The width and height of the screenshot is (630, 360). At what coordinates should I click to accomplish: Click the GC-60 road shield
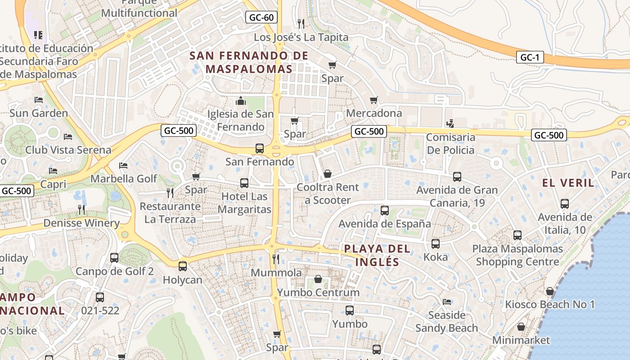pyautogui.click(x=261, y=18)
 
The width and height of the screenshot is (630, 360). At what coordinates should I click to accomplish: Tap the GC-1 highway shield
pyautogui.click(x=530, y=57)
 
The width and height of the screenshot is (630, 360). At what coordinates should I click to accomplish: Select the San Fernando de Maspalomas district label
pyautogui.click(x=249, y=62)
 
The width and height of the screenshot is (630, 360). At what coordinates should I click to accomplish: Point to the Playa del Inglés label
pyautogui.click(x=377, y=255)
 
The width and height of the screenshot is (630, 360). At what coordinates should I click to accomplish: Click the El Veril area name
pyautogui.click(x=568, y=183)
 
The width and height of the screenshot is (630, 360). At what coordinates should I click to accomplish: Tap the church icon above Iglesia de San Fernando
pyautogui.click(x=241, y=100)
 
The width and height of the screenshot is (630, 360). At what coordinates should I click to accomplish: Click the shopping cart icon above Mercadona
pyautogui.click(x=373, y=100)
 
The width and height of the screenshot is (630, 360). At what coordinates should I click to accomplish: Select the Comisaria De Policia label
pyautogui.click(x=450, y=144)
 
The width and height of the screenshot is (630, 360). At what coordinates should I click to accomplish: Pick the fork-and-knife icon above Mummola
pyautogui.click(x=276, y=259)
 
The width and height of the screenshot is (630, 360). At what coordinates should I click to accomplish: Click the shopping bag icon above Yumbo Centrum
pyautogui.click(x=318, y=279)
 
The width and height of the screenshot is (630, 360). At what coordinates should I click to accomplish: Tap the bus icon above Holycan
pyautogui.click(x=182, y=266)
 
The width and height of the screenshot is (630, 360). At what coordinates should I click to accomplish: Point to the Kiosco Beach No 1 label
pyautogui.click(x=549, y=305)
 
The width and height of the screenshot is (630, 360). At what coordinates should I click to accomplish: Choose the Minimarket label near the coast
pyautogui.click(x=521, y=340)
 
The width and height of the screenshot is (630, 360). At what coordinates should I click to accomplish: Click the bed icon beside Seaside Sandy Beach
pyautogui.click(x=446, y=301)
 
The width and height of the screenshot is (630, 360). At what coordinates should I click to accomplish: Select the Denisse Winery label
pyautogui.click(x=81, y=223)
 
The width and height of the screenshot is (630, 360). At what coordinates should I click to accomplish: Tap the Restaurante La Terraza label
pyautogui.click(x=170, y=213)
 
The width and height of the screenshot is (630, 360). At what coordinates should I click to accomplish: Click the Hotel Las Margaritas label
pyautogui.click(x=244, y=203)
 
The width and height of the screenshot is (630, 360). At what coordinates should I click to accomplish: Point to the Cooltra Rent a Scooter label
pyautogui.click(x=328, y=193)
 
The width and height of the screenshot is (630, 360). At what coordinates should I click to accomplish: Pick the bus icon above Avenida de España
pyautogui.click(x=385, y=210)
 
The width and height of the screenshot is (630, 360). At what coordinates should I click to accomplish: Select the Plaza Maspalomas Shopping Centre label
pyautogui.click(x=517, y=255)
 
